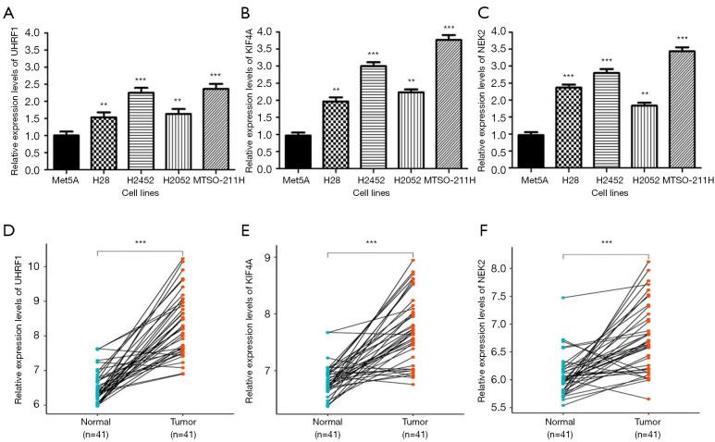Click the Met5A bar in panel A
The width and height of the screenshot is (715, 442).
coord(65,152)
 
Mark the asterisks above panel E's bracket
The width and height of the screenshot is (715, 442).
coord(371,242)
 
